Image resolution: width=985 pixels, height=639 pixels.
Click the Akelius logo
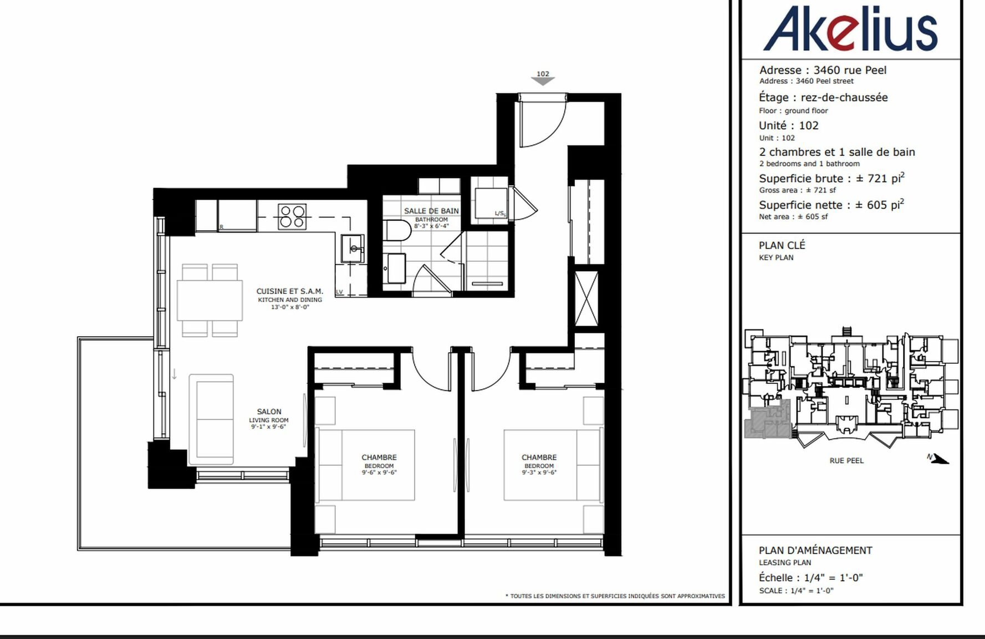(x=850, y=29)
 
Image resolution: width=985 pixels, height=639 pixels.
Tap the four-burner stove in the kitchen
(x=292, y=216)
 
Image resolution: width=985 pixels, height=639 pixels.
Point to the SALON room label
(x=269, y=412)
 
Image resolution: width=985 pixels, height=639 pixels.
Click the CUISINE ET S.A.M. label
(x=289, y=291)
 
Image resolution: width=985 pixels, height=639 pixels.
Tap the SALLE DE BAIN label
(x=431, y=211)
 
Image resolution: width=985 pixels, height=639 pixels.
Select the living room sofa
(x=211, y=419)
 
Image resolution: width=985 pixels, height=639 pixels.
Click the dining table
(x=210, y=300)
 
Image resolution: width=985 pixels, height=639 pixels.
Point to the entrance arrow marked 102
(x=543, y=81)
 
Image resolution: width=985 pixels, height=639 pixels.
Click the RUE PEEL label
(x=846, y=460)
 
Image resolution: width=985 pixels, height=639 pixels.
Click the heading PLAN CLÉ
(x=782, y=245)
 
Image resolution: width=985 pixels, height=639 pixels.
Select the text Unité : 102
(x=789, y=125)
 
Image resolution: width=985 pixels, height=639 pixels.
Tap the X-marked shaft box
(x=586, y=298)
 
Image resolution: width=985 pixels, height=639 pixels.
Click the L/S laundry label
(x=500, y=214)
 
